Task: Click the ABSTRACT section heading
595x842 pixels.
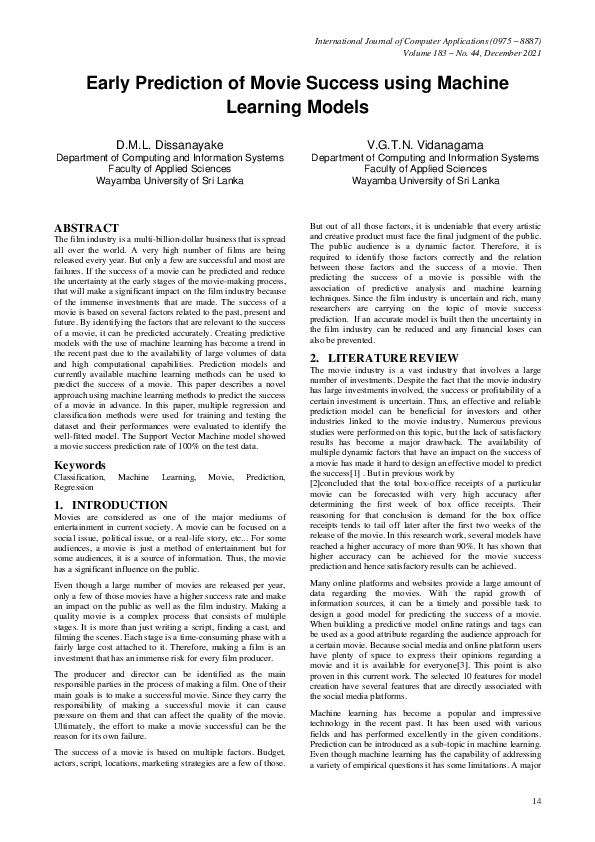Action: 86,228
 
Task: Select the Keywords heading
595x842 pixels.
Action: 80,466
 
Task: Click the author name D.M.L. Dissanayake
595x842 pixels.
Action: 169,145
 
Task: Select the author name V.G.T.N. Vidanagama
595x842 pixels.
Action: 425,145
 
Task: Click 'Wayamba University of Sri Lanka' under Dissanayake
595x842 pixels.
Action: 169,182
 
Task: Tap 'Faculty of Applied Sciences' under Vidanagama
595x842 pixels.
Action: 425,170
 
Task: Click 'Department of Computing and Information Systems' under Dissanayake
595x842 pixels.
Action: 169,158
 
